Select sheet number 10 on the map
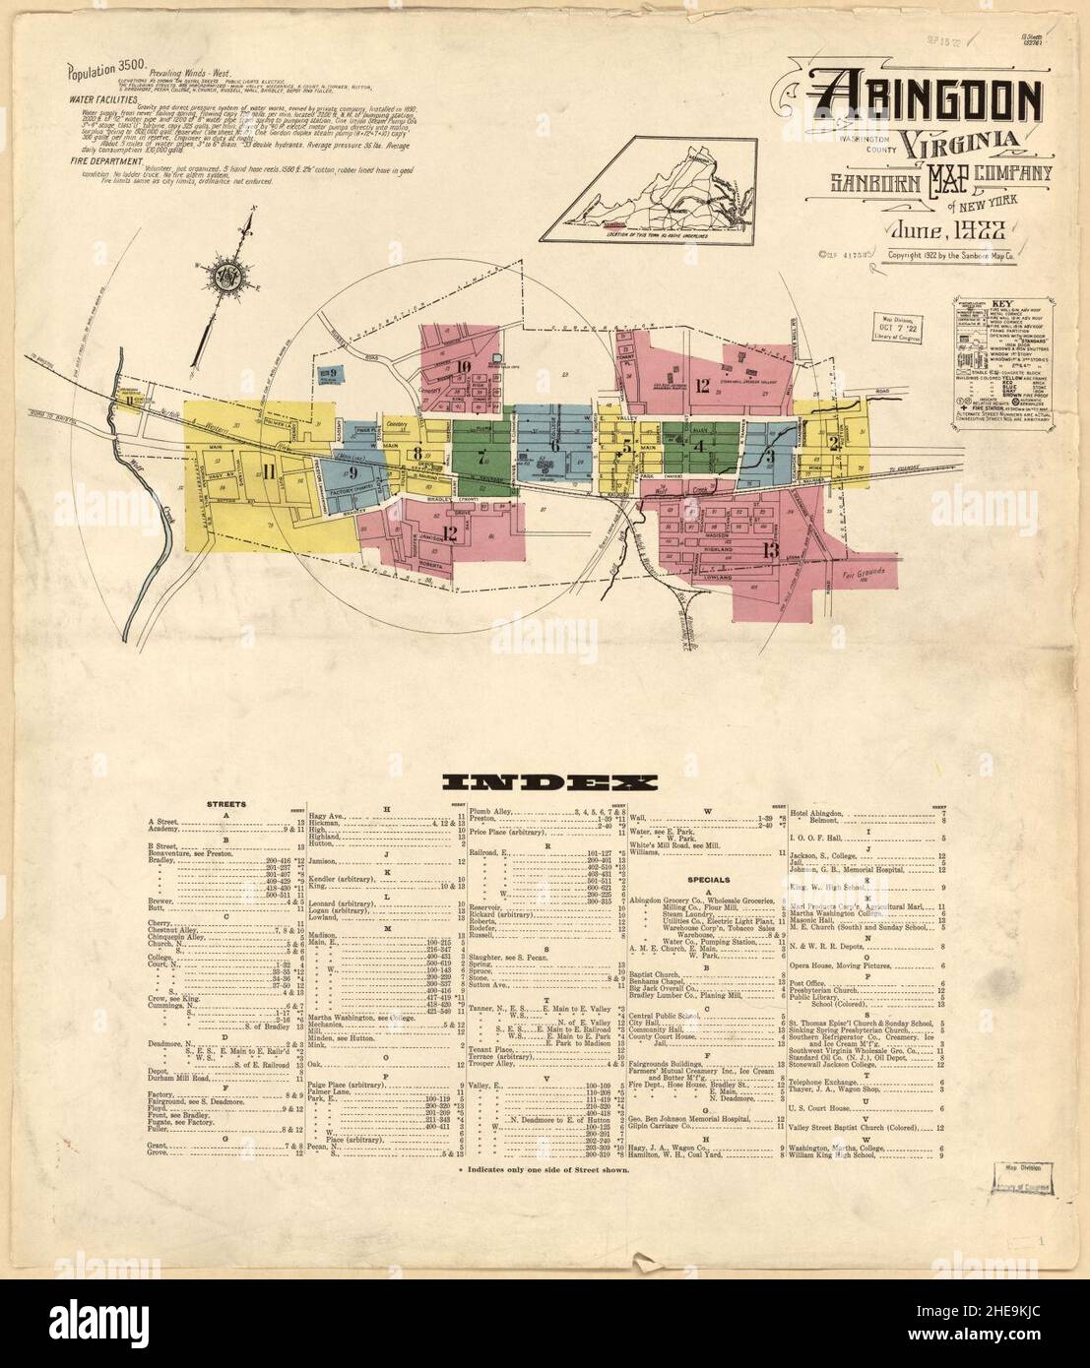coord(463,369)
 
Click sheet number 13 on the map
coord(769,549)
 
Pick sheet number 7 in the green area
coord(481,456)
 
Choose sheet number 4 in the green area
coord(699,445)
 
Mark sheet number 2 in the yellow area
coord(834,442)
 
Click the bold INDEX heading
coord(548,782)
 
